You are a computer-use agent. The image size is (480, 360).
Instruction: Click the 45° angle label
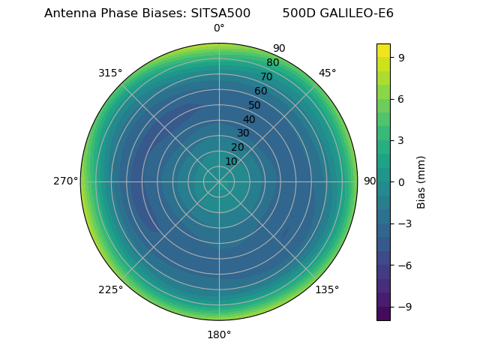(328, 73)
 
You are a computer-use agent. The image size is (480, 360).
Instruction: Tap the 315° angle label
(110, 73)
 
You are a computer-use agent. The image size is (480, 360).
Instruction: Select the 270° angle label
(65, 181)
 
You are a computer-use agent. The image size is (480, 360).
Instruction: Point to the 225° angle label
(110, 290)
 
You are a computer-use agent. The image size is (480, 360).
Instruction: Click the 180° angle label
(219, 334)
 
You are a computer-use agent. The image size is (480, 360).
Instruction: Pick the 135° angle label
(327, 290)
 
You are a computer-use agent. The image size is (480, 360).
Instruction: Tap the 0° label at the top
(219, 28)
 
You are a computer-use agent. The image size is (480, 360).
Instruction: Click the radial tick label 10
(231, 161)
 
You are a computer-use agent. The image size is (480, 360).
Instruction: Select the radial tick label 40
(249, 120)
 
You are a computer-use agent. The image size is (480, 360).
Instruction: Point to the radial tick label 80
(273, 63)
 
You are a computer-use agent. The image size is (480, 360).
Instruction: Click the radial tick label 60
(261, 91)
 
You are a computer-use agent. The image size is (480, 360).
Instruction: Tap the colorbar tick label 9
(402, 56)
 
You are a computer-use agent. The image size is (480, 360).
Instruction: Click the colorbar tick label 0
(402, 181)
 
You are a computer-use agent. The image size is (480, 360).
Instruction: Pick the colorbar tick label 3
(402, 140)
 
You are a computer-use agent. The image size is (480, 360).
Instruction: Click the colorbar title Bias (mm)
(421, 181)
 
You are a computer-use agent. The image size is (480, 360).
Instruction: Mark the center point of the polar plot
(219, 181)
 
